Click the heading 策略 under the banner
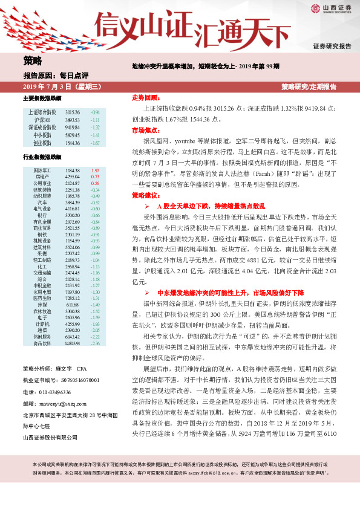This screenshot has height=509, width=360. click(33, 60)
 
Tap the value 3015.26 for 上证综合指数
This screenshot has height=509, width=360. click(72, 112)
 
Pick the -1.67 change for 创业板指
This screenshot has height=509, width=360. click(94, 143)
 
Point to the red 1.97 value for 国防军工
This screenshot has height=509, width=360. click(94, 170)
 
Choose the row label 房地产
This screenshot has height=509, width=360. click(42, 176)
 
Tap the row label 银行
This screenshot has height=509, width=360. click(42, 215)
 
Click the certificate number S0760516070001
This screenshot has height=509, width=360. click(71, 381)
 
